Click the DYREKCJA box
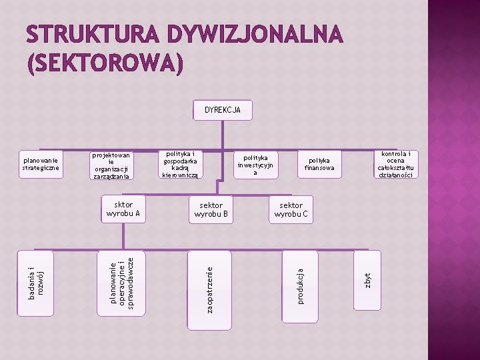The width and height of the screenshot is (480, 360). (223, 110)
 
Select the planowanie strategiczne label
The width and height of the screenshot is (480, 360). (41, 164)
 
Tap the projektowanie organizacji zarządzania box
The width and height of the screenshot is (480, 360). (112, 166)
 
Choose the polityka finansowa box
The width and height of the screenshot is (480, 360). (320, 164)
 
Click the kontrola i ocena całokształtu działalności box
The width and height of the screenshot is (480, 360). (395, 164)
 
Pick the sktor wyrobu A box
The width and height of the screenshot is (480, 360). (123, 209)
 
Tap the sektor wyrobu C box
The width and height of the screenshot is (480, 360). (291, 209)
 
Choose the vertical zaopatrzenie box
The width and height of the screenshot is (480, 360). (209, 289)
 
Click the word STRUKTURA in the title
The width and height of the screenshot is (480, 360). (93, 34)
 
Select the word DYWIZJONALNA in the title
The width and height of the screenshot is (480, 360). (255, 34)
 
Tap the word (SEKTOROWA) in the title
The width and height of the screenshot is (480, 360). (105, 63)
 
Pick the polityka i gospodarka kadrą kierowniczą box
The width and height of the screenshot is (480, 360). (180, 164)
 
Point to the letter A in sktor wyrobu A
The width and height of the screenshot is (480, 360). (137, 215)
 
